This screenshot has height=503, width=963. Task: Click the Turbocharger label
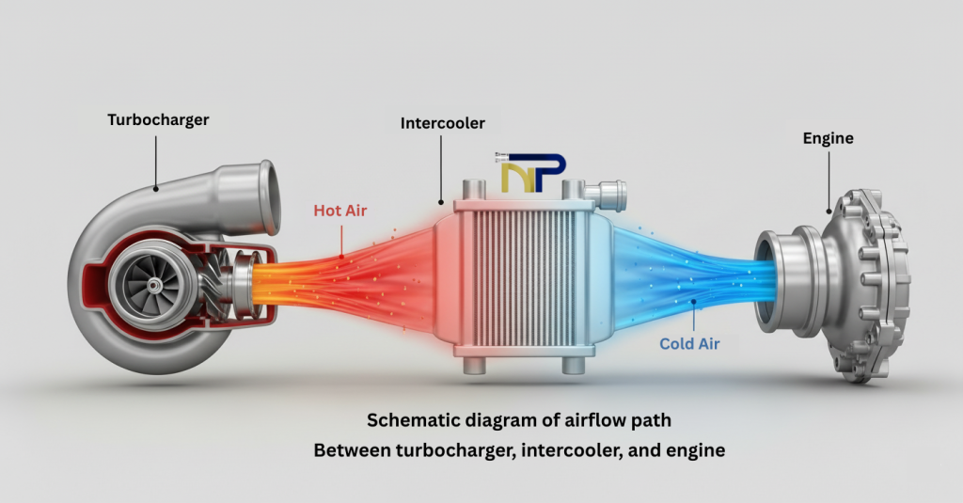click(157, 120)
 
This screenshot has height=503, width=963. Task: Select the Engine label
click(828, 138)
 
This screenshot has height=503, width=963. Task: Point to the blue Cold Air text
click(689, 343)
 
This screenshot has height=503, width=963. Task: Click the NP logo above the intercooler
click(532, 173)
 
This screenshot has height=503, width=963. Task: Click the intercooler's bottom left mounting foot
click(471, 366)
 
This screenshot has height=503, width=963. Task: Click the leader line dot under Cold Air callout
click(694, 302)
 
